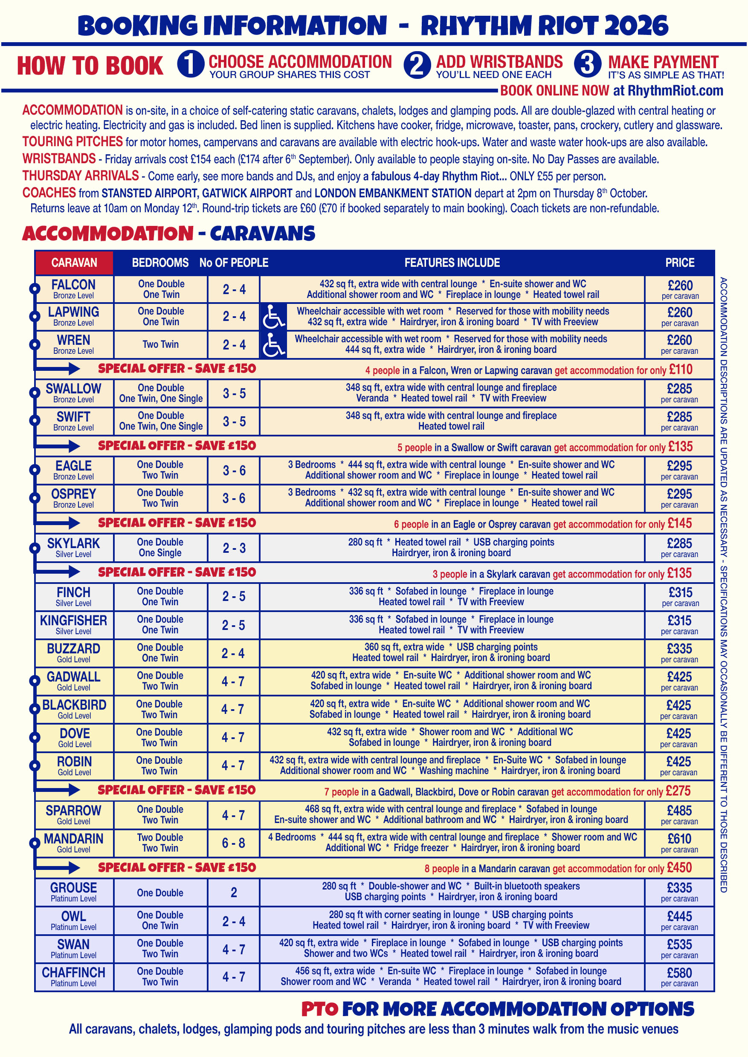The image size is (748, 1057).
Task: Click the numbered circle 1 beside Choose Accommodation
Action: tap(191, 64)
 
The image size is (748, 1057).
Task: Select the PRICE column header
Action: tap(679, 263)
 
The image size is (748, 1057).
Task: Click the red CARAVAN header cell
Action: tap(74, 263)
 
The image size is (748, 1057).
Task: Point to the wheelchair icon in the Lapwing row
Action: tap(274, 317)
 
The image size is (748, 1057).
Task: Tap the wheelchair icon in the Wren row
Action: tap(274, 345)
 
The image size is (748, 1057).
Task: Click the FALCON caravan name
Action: tap(74, 285)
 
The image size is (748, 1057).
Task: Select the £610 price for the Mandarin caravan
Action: tap(679, 839)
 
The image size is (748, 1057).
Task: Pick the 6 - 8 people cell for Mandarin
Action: tap(234, 843)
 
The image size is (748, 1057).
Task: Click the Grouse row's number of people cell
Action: tap(234, 892)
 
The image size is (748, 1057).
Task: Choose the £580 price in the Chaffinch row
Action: tap(679, 973)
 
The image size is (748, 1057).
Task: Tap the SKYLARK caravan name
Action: tap(74, 543)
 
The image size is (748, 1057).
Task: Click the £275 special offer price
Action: tap(678, 791)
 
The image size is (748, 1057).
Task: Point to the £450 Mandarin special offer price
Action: tap(679, 868)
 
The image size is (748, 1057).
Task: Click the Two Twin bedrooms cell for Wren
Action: tap(160, 344)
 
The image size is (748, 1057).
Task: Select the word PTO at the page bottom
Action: tap(320, 1009)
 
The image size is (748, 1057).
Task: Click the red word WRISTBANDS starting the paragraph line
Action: tap(59, 159)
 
